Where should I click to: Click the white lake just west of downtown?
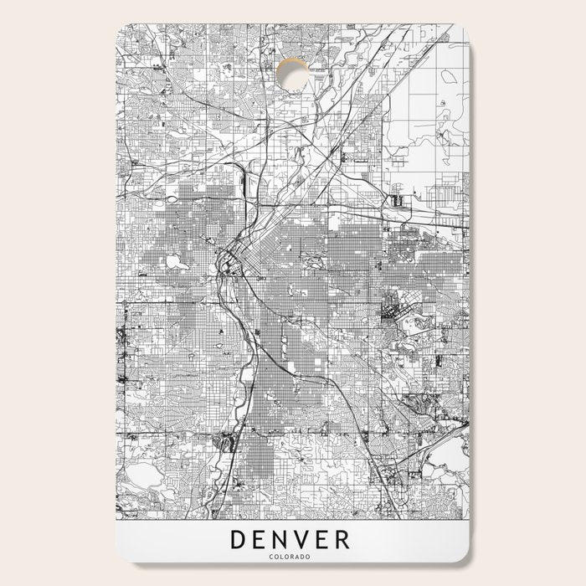(x=177, y=262)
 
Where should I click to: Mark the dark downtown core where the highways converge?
(x=227, y=267)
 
